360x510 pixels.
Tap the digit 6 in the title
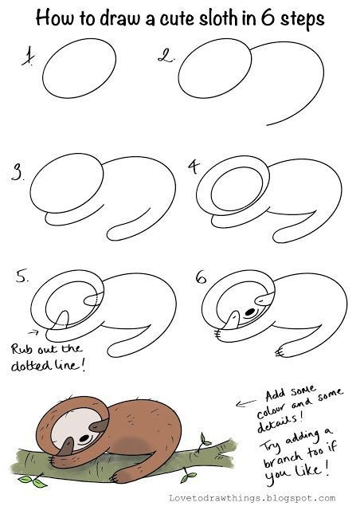pos(268,18)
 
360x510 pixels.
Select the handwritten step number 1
pos(29,57)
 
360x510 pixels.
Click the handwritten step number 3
pos(18,172)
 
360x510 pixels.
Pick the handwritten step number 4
pos(194,167)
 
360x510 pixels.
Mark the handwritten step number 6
pos(202,277)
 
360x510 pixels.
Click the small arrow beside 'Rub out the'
pos(33,332)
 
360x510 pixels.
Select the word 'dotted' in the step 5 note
pos(32,365)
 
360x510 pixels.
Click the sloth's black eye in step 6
pos(250,312)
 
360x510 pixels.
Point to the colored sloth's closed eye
pos(84,438)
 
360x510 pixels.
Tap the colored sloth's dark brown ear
pos(100,425)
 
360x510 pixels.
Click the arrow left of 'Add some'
pos(246,403)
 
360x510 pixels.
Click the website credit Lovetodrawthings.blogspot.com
pos(252,498)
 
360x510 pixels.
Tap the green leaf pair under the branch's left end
pos(33,481)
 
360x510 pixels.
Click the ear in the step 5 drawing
pos(93,300)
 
